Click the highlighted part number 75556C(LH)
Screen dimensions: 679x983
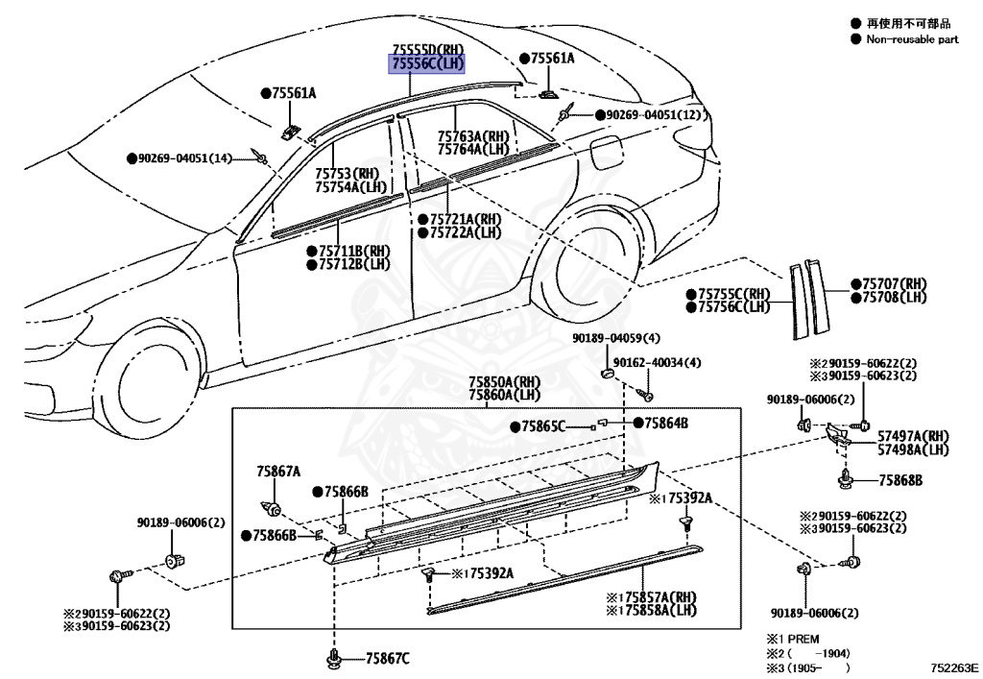pyautogui.click(x=427, y=64)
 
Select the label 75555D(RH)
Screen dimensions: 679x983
pyautogui.click(x=427, y=50)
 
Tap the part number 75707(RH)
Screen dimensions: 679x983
pyautogui.click(x=894, y=284)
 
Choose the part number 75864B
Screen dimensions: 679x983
pyautogui.click(x=666, y=423)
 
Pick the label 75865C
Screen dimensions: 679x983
pyautogui.click(x=544, y=425)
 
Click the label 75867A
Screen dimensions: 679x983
pyautogui.click(x=278, y=472)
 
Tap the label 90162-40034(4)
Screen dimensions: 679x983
pyautogui.click(x=658, y=362)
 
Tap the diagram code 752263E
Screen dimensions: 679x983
pyautogui.click(x=953, y=667)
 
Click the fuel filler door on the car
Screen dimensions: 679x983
pyautogui.click(x=608, y=153)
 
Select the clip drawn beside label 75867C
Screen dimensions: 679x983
pyautogui.click(x=333, y=658)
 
